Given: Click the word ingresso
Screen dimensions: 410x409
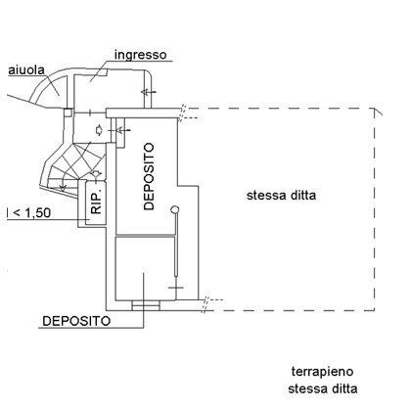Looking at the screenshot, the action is click(x=141, y=55).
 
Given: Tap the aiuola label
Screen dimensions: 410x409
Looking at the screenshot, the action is click(x=26, y=70).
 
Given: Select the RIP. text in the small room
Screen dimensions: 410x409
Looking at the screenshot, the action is click(x=97, y=203).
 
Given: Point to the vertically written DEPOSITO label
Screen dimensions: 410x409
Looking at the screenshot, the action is click(x=149, y=176).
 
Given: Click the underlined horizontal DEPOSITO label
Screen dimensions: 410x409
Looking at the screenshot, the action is click(x=76, y=321).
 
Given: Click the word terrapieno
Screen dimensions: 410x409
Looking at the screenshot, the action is click(x=322, y=372).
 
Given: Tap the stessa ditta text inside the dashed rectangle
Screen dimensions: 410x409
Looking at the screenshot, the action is click(x=281, y=196).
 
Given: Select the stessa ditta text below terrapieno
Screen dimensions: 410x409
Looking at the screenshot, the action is click(x=322, y=388).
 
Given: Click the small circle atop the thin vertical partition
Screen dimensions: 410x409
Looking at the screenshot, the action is click(x=175, y=209).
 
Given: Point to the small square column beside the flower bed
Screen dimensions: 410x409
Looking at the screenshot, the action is click(x=68, y=113).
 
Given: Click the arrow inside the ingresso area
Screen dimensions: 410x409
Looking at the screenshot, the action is click(x=148, y=92).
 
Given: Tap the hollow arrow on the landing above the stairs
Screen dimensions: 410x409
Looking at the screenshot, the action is click(x=99, y=130).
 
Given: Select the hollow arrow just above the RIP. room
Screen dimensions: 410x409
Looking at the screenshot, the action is click(x=96, y=173).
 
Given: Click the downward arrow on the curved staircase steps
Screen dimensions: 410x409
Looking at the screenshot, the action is click(x=63, y=188).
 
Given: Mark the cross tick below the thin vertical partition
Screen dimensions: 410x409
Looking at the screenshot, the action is click(x=176, y=288).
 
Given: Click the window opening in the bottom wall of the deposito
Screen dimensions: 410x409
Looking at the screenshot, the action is click(x=146, y=305).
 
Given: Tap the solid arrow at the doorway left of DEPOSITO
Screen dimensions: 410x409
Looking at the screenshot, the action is click(x=119, y=130).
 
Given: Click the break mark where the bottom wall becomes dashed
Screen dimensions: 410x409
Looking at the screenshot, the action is click(x=205, y=304).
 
